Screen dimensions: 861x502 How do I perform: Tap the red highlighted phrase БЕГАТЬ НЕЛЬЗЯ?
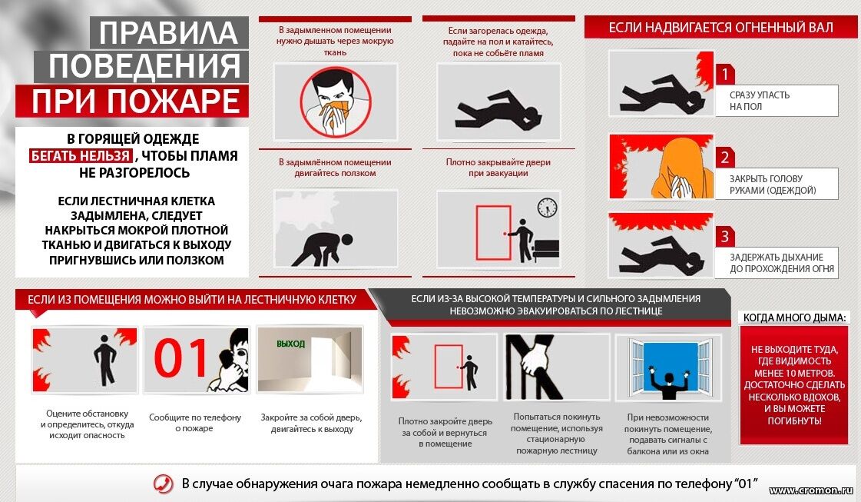[x=81, y=155]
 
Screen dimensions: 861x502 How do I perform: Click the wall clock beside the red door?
[x=547, y=208]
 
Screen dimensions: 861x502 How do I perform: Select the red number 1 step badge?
[x=725, y=75]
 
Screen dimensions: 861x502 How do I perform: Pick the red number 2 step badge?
[x=725, y=158]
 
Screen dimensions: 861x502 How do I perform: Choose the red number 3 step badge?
[x=725, y=237]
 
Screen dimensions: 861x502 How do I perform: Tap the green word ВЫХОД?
[x=290, y=344]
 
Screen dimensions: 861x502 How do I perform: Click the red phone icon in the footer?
[x=163, y=484]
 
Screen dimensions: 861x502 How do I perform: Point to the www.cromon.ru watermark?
[x=811, y=490]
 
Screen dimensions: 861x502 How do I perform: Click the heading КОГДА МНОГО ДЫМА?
[x=794, y=317]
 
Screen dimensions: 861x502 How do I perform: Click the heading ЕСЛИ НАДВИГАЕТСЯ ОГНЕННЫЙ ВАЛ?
[x=720, y=28]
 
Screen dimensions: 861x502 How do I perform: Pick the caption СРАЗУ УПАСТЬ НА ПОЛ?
[x=760, y=101]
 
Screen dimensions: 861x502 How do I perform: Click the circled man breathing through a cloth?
[x=335, y=102]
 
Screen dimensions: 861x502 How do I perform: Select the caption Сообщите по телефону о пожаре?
[x=195, y=423]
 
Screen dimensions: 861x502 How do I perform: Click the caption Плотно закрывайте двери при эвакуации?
[x=498, y=168]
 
